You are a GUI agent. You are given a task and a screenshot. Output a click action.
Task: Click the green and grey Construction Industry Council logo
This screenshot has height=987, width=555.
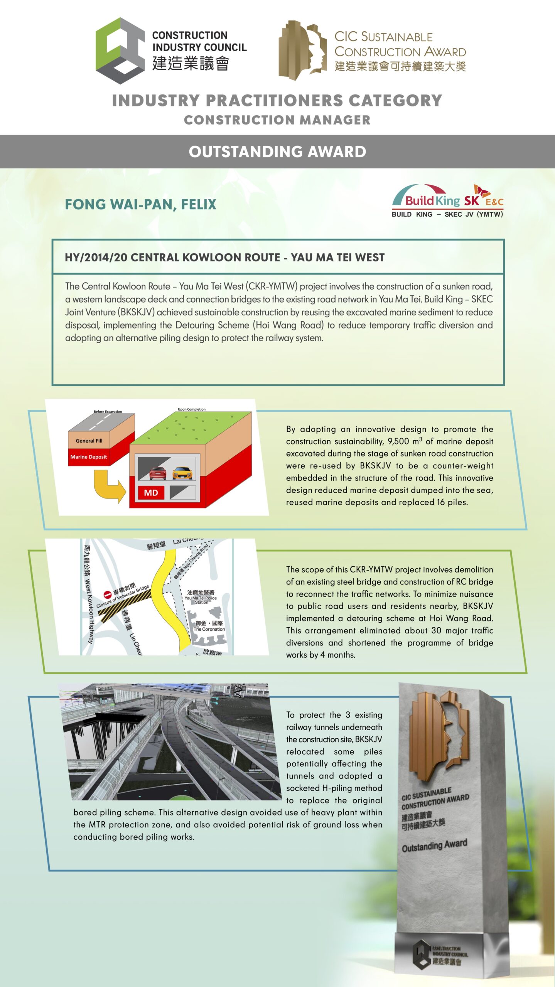pyautogui.click(x=120, y=51)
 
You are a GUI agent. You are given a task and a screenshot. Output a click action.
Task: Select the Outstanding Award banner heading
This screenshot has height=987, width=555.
pyautogui.click(x=277, y=152)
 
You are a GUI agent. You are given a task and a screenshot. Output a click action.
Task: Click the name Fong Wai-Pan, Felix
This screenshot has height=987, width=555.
pyautogui.click(x=140, y=204)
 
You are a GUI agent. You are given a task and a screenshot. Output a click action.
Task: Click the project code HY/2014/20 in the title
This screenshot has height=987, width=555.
pyautogui.click(x=96, y=258)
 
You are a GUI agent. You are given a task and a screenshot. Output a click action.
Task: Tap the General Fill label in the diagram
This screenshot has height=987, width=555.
pyautogui.click(x=89, y=441)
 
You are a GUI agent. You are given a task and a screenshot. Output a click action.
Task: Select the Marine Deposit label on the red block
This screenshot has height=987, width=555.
pyautogui.click(x=88, y=457)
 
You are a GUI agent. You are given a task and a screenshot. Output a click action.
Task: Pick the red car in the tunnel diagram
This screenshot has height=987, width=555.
pyautogui.click(x=158, y=473)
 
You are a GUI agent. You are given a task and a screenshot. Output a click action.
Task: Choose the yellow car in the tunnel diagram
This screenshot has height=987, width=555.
pyautogui.click(x=182, y=473)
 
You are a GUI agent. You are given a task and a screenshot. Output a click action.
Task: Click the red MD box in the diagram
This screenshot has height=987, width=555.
pyautogui.click(x=151, y=493)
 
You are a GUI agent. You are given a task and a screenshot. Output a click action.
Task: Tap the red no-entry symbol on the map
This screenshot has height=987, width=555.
pyautogui.click(x=108, y=595)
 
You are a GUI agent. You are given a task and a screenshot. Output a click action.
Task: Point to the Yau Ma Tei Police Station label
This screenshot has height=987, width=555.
pyautogui.click(x=201, y=597)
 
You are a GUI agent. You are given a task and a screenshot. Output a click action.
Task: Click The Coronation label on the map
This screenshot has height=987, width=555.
pyautogui.click(x=209, y=629)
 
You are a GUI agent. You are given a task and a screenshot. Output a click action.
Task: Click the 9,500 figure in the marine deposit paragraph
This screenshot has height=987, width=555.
pyautogui.click(x=398, y=441)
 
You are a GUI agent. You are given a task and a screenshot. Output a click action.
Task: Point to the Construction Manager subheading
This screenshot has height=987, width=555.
pyautogui.click(x=277, y=120)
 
